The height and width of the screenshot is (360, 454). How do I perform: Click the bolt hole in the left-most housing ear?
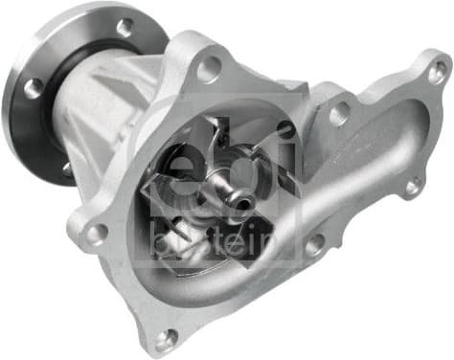tap(96, 233)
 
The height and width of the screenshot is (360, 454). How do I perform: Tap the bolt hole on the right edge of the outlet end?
tap(414, 188)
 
